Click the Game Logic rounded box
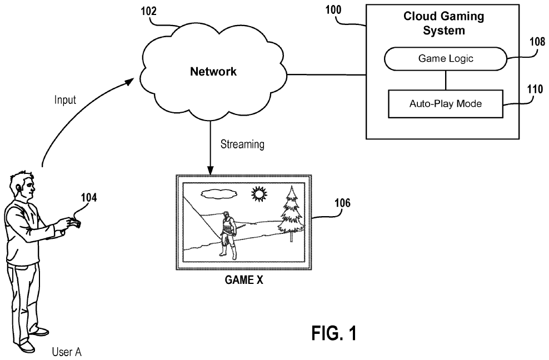(446, 58)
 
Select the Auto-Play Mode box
(445, 104)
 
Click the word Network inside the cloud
(213, 71)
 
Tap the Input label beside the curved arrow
(65, 101)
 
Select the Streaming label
(242, 145)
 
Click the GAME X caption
(243, 281)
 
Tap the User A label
(67, 352)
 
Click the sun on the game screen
(258, 194)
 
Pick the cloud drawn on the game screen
(217, 194)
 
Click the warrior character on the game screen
(227, 234)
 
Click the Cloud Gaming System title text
(443, 23)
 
